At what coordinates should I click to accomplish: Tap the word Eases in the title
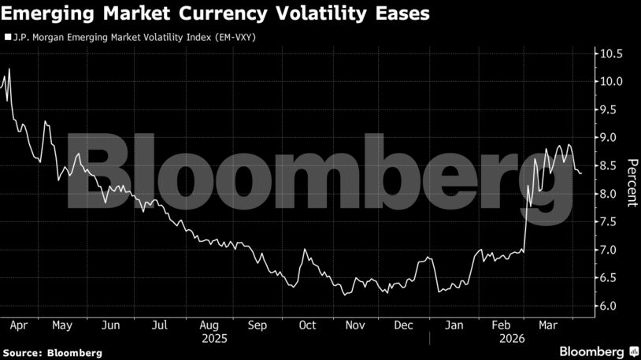click(402, 15)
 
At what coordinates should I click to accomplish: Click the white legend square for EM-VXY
click(8, 36)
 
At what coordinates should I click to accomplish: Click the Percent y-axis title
click(632, 181)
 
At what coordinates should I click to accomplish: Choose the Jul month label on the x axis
click(160, 325)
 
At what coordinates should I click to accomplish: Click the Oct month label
click(308, 325)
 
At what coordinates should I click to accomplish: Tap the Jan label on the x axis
click(454, 325)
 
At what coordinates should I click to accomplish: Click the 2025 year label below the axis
click(213, 339)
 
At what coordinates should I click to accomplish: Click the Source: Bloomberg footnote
click(52, 353)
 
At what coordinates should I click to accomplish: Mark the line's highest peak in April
click(9, 69)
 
